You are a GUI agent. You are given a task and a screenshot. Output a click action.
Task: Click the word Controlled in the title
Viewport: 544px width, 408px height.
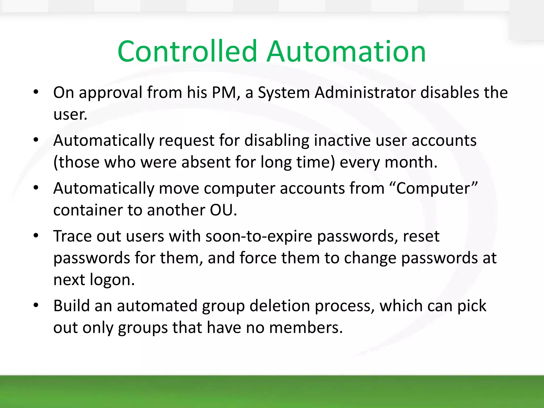(187, 52)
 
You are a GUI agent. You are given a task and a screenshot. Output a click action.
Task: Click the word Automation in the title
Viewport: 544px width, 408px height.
(346, 52)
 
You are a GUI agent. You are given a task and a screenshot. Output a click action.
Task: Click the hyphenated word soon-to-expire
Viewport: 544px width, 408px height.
(258, 236)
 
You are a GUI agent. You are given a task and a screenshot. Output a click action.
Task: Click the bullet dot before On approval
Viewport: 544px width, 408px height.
(36, 92)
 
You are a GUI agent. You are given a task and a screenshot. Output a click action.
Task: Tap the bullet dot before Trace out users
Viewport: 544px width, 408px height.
(36, 236)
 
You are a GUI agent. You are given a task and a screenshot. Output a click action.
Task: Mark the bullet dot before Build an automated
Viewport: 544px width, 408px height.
(36, 305)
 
